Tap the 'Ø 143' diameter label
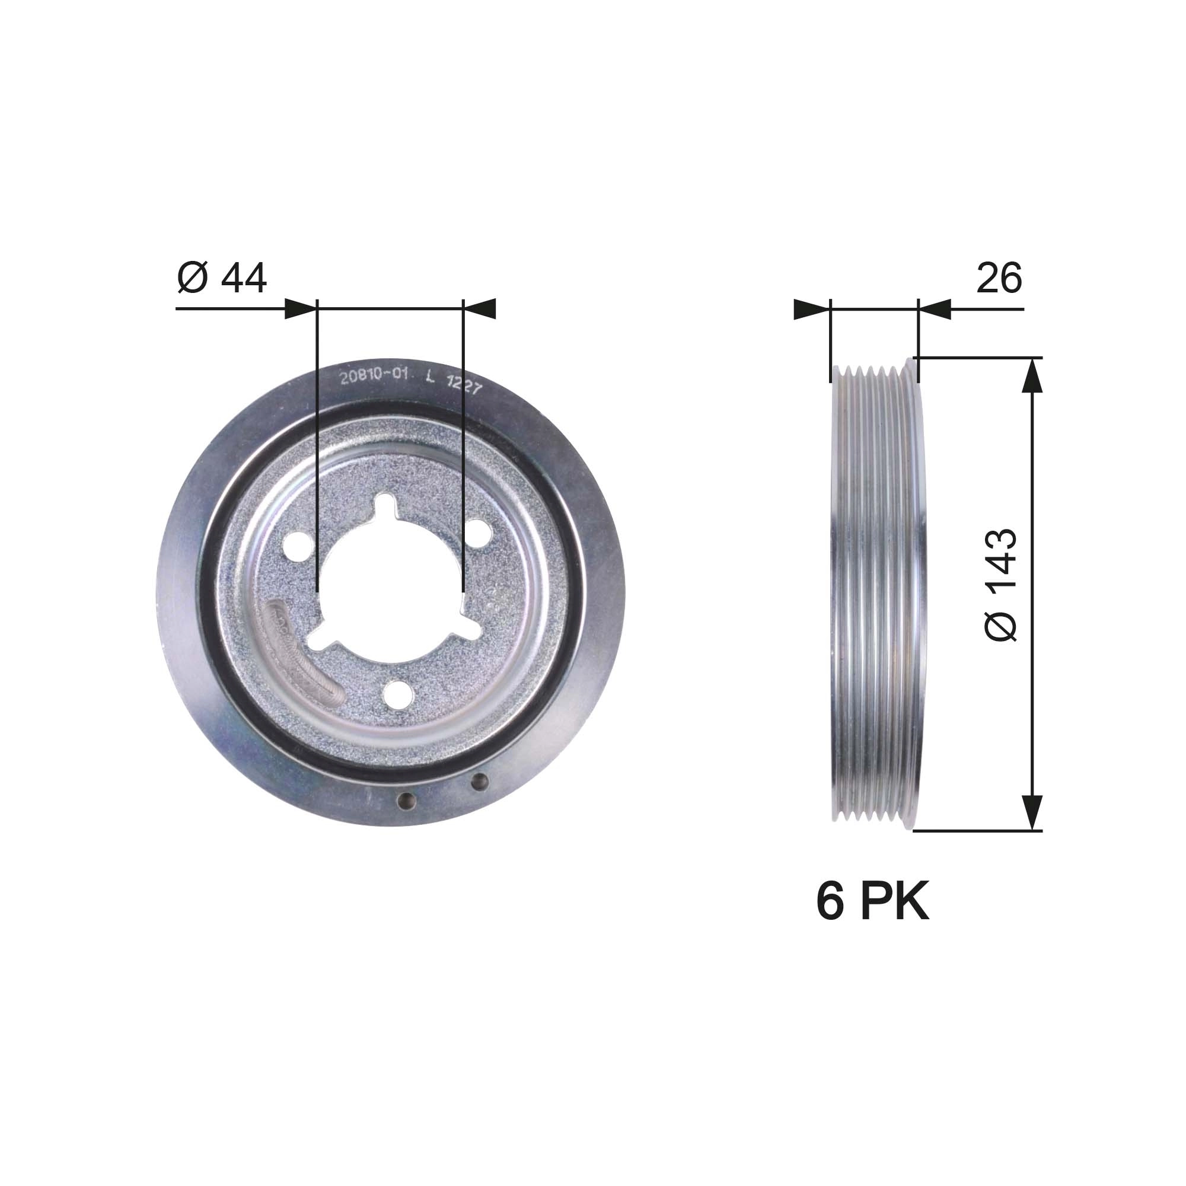coord(1001,585)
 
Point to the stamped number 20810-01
coord(374,377)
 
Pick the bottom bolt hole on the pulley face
coord(396,693)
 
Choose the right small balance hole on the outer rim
coord(479,782)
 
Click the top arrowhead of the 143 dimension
coord(1032,374)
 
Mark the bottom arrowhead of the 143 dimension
coord(1032,813)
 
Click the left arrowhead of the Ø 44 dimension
coord(301,309)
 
